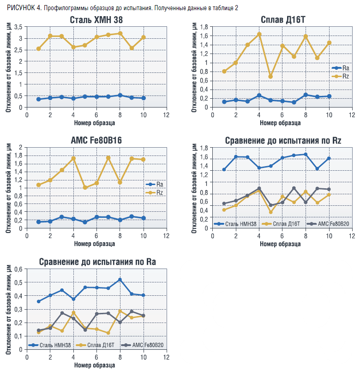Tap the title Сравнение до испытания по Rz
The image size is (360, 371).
pyautogui.click(x=282, y=140)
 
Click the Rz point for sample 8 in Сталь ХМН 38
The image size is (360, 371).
pyautogui.click(x=120, y=33)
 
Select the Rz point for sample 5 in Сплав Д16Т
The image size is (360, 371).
pyautogui.click(x=270, y=76)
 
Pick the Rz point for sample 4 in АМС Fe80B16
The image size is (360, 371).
pyautogui.click(x=73, y=158)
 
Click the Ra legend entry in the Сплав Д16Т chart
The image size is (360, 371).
pyautogui.click(x=339, y=67)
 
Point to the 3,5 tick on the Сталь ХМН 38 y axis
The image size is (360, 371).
pyautogui.click(x=18, y=27)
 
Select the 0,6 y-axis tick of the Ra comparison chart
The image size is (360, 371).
pyautogui.click(x=18, y=269)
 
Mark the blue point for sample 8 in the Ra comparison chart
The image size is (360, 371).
pyautogui.click(x=120, y=280)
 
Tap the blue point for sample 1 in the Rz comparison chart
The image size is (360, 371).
pyautogui.click(x=224, y=169)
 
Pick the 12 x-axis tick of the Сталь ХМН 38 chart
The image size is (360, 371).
pyautogui.click(x=166, y=115)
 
